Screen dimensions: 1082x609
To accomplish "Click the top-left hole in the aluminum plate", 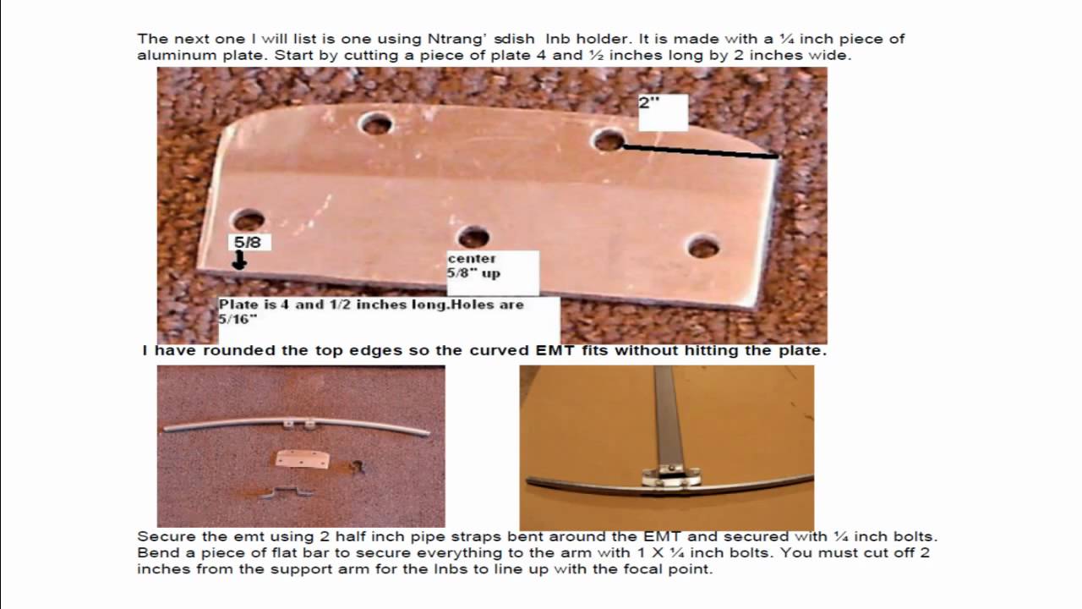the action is pyautogui.click(x=375, y=123).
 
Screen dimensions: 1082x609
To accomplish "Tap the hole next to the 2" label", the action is pyautogui.click(x=608, y=140).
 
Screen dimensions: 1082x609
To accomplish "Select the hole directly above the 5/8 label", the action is pyautogui.click(x=248, y=221).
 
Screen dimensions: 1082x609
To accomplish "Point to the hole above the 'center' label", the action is pyautogui.click(x=473, y=237).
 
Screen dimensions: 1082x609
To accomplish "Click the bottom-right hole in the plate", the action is pyautogui.click(x=702, y=246).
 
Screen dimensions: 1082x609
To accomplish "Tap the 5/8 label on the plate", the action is pyautogui.click(x=248, y=242).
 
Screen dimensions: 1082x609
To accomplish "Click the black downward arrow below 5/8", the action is pyautogui.click(x=239, y=261).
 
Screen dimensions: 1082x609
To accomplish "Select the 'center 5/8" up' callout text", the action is pyautogui.click(x=473, y=266).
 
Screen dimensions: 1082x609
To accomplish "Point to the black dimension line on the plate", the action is pyautogui.click(x=701, y=151).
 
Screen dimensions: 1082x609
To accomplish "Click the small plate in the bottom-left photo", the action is pyautogui.click(x=303, y=459).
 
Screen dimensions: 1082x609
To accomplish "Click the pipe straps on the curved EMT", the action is pyautogui.click(x=298, y=424).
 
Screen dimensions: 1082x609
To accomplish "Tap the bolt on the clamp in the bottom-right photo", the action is pyautogui.click(x=671, y=468).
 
